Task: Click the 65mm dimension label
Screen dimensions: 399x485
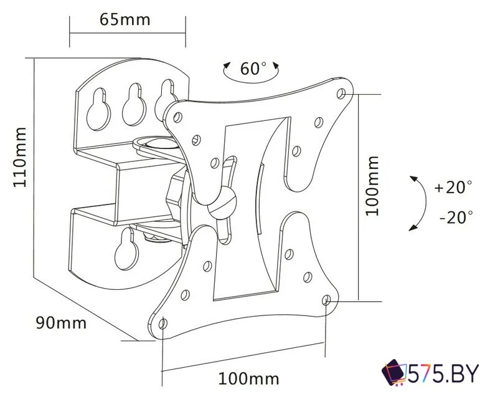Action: click(125, 19)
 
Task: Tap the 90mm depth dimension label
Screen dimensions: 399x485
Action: click(61, 323)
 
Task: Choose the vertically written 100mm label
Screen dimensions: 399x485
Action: click(372, 185)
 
